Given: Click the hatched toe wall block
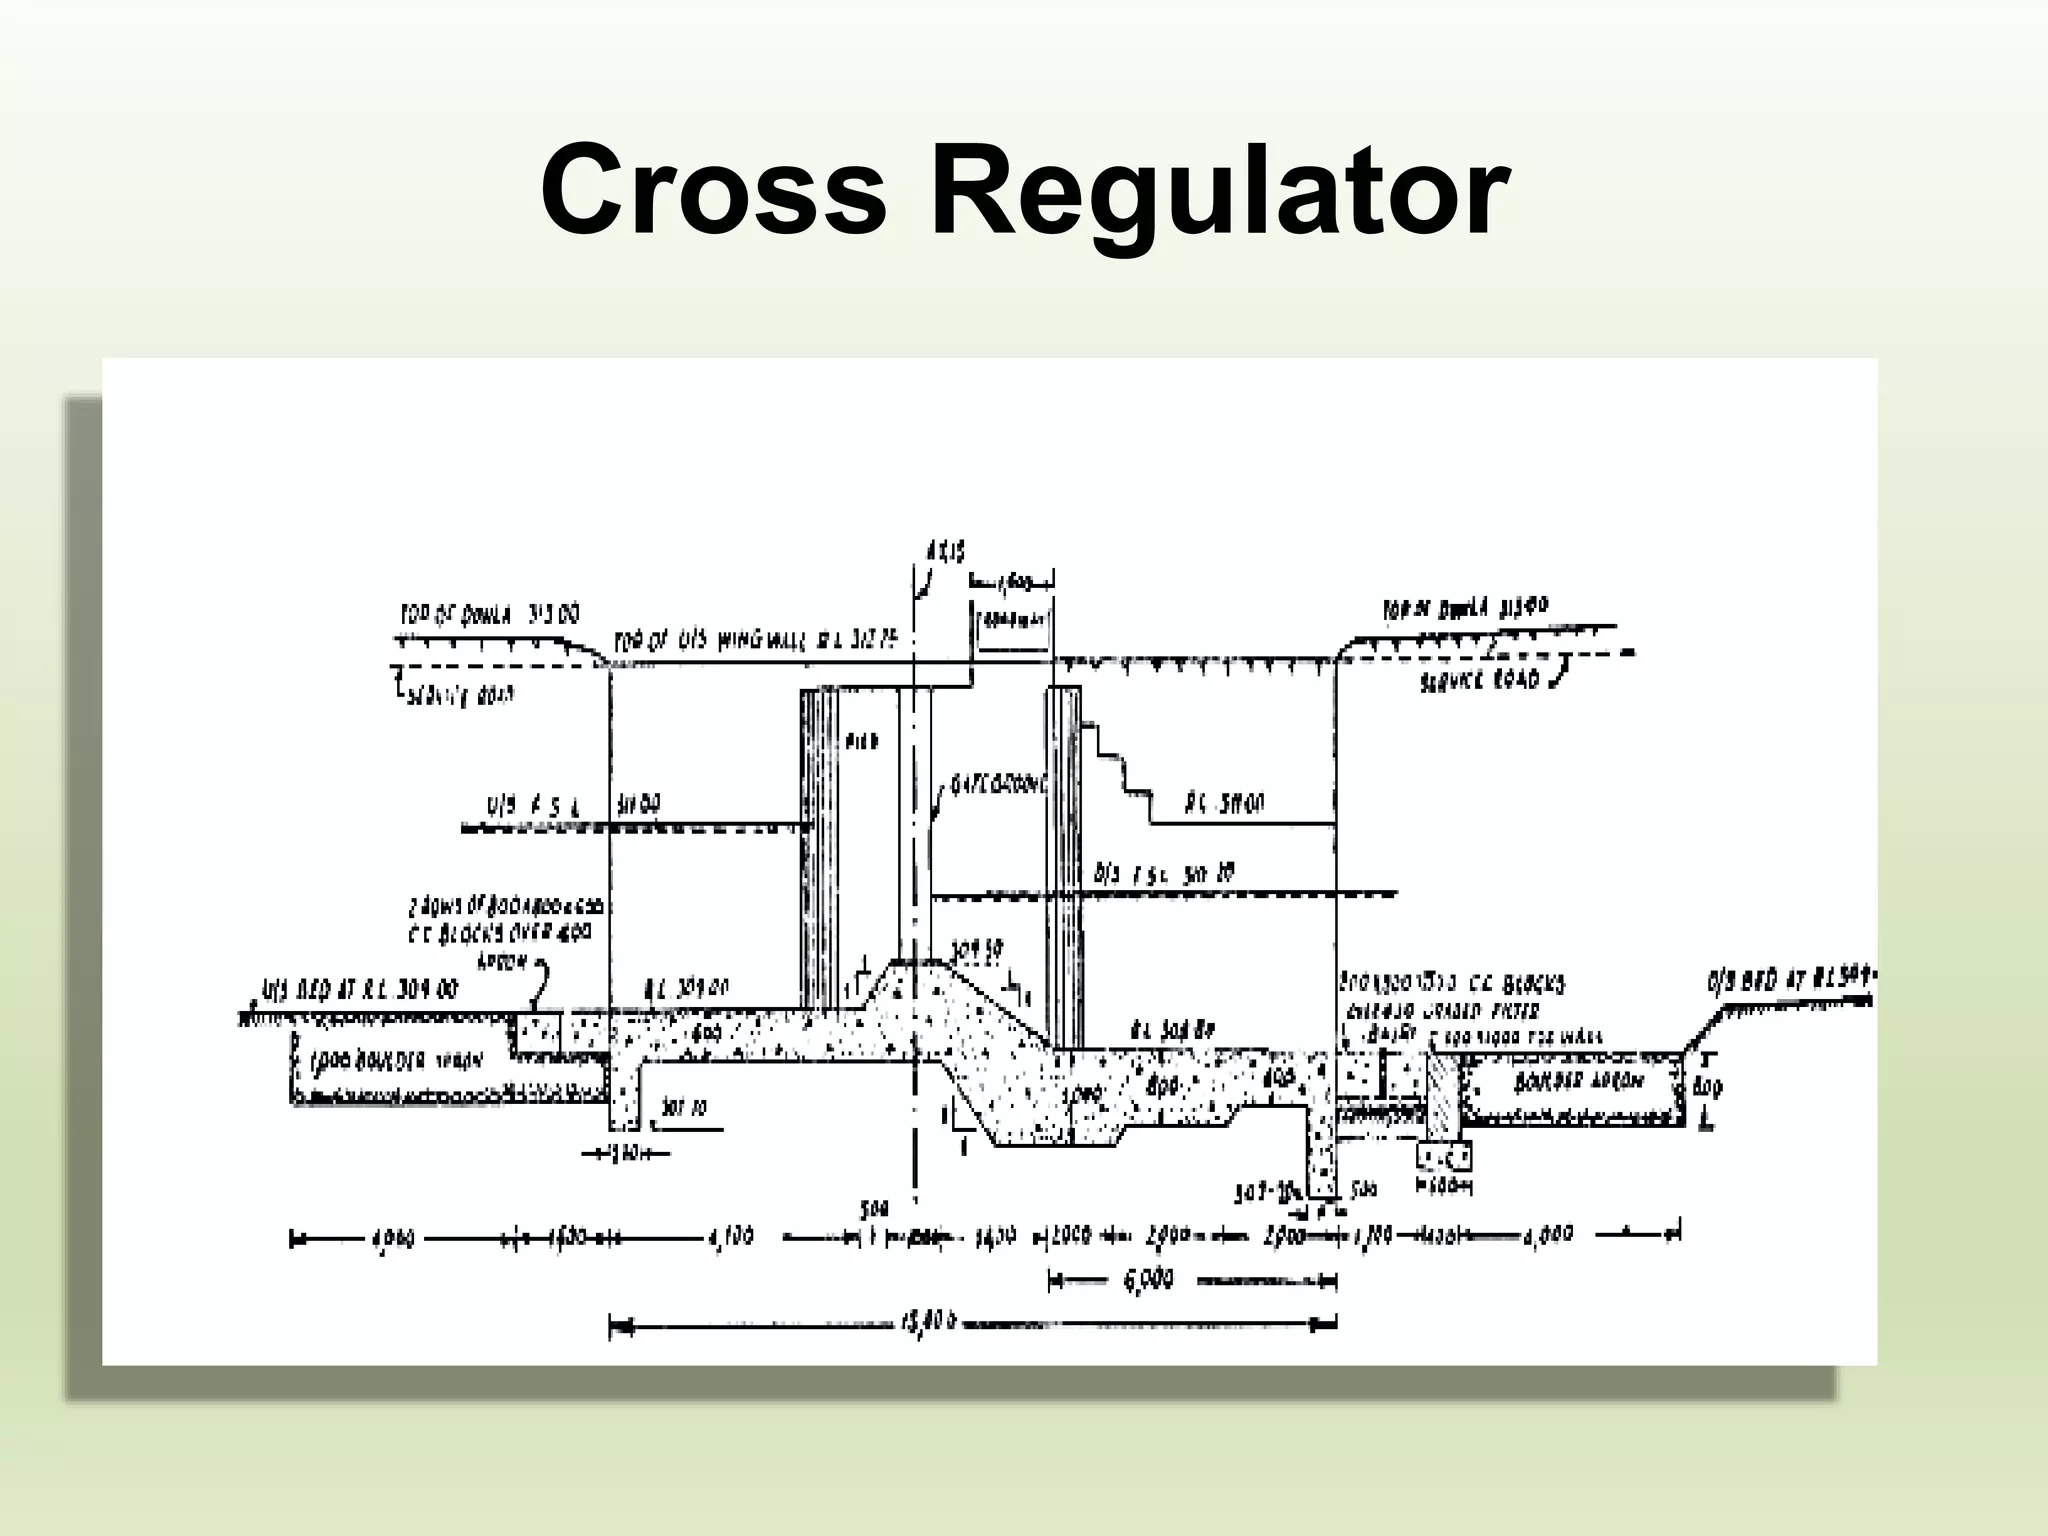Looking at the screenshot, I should [1443, 1095].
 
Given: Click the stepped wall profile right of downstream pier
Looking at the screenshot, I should [1120, 760].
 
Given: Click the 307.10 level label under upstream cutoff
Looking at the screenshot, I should [686, 1108].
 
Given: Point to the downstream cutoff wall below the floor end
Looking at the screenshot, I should [1322, 1150].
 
